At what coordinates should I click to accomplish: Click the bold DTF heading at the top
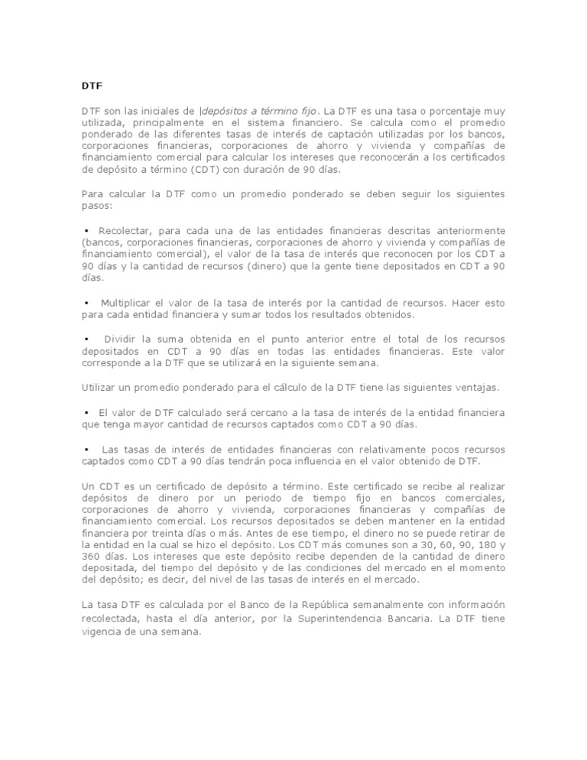[x=92, y=85]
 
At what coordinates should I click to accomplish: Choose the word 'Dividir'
[x=122, y=338]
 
